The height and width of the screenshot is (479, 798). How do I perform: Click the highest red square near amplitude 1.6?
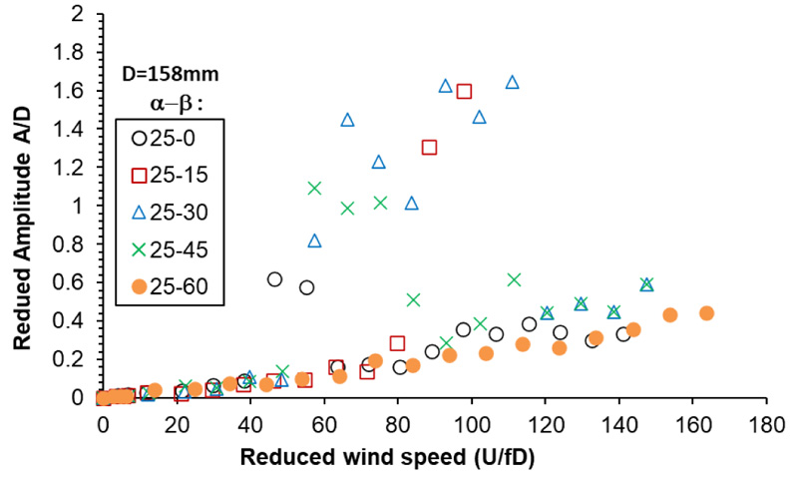coord(464,92)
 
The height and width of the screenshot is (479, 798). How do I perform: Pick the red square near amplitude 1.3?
coord(429,148)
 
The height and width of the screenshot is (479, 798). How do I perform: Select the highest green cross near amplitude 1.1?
coord(314,188)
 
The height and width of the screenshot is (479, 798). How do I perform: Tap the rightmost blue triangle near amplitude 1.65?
coord(512,83)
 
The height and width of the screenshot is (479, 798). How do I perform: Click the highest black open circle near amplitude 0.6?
coord(275,279)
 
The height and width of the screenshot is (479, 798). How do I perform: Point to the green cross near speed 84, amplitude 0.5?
coord(413,299)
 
